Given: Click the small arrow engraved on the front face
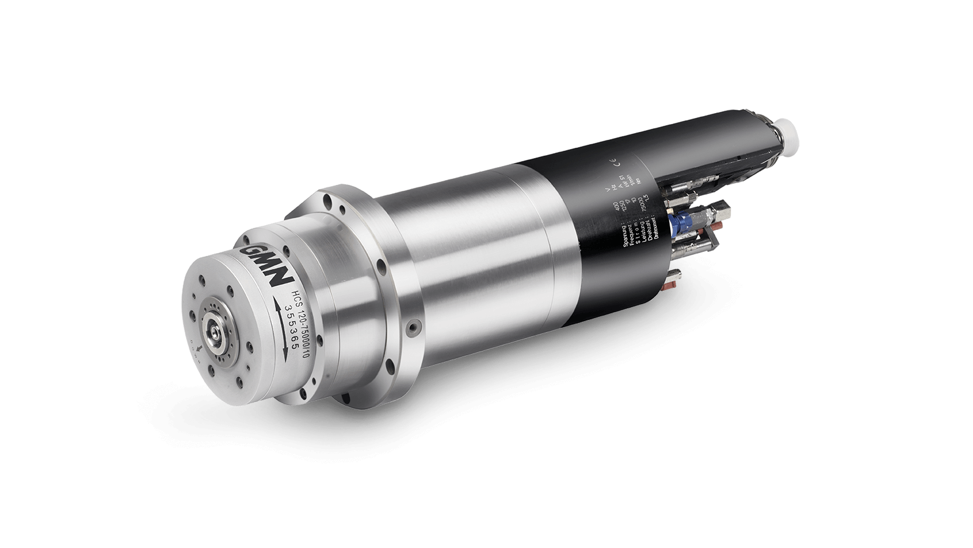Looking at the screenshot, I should pyautogui.click(x=199, y=349).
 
